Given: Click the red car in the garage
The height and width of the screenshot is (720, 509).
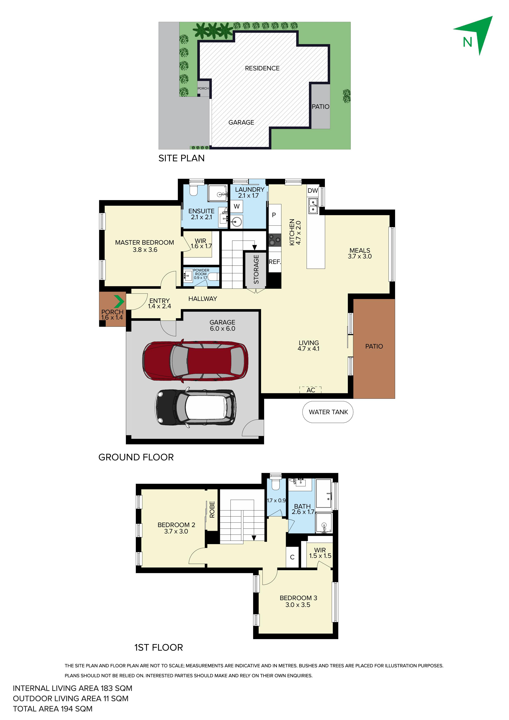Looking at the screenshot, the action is point(195,360).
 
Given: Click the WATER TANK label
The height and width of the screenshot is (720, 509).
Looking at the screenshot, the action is point(328,412).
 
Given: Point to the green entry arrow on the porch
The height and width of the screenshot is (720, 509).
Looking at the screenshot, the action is point(119,301).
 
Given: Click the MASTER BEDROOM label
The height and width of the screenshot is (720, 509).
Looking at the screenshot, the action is point(144,242).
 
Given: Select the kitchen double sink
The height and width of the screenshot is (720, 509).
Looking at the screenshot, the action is point(313,206).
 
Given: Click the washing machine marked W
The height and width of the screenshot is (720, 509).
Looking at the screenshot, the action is point(237,206).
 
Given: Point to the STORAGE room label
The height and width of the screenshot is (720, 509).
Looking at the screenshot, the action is point(256,269).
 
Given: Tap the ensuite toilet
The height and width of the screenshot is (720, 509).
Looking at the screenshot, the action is point(194,190).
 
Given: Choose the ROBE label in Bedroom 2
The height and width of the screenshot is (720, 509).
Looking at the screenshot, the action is point(212,510).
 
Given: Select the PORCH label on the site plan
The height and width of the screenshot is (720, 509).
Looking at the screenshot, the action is point(203,88).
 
